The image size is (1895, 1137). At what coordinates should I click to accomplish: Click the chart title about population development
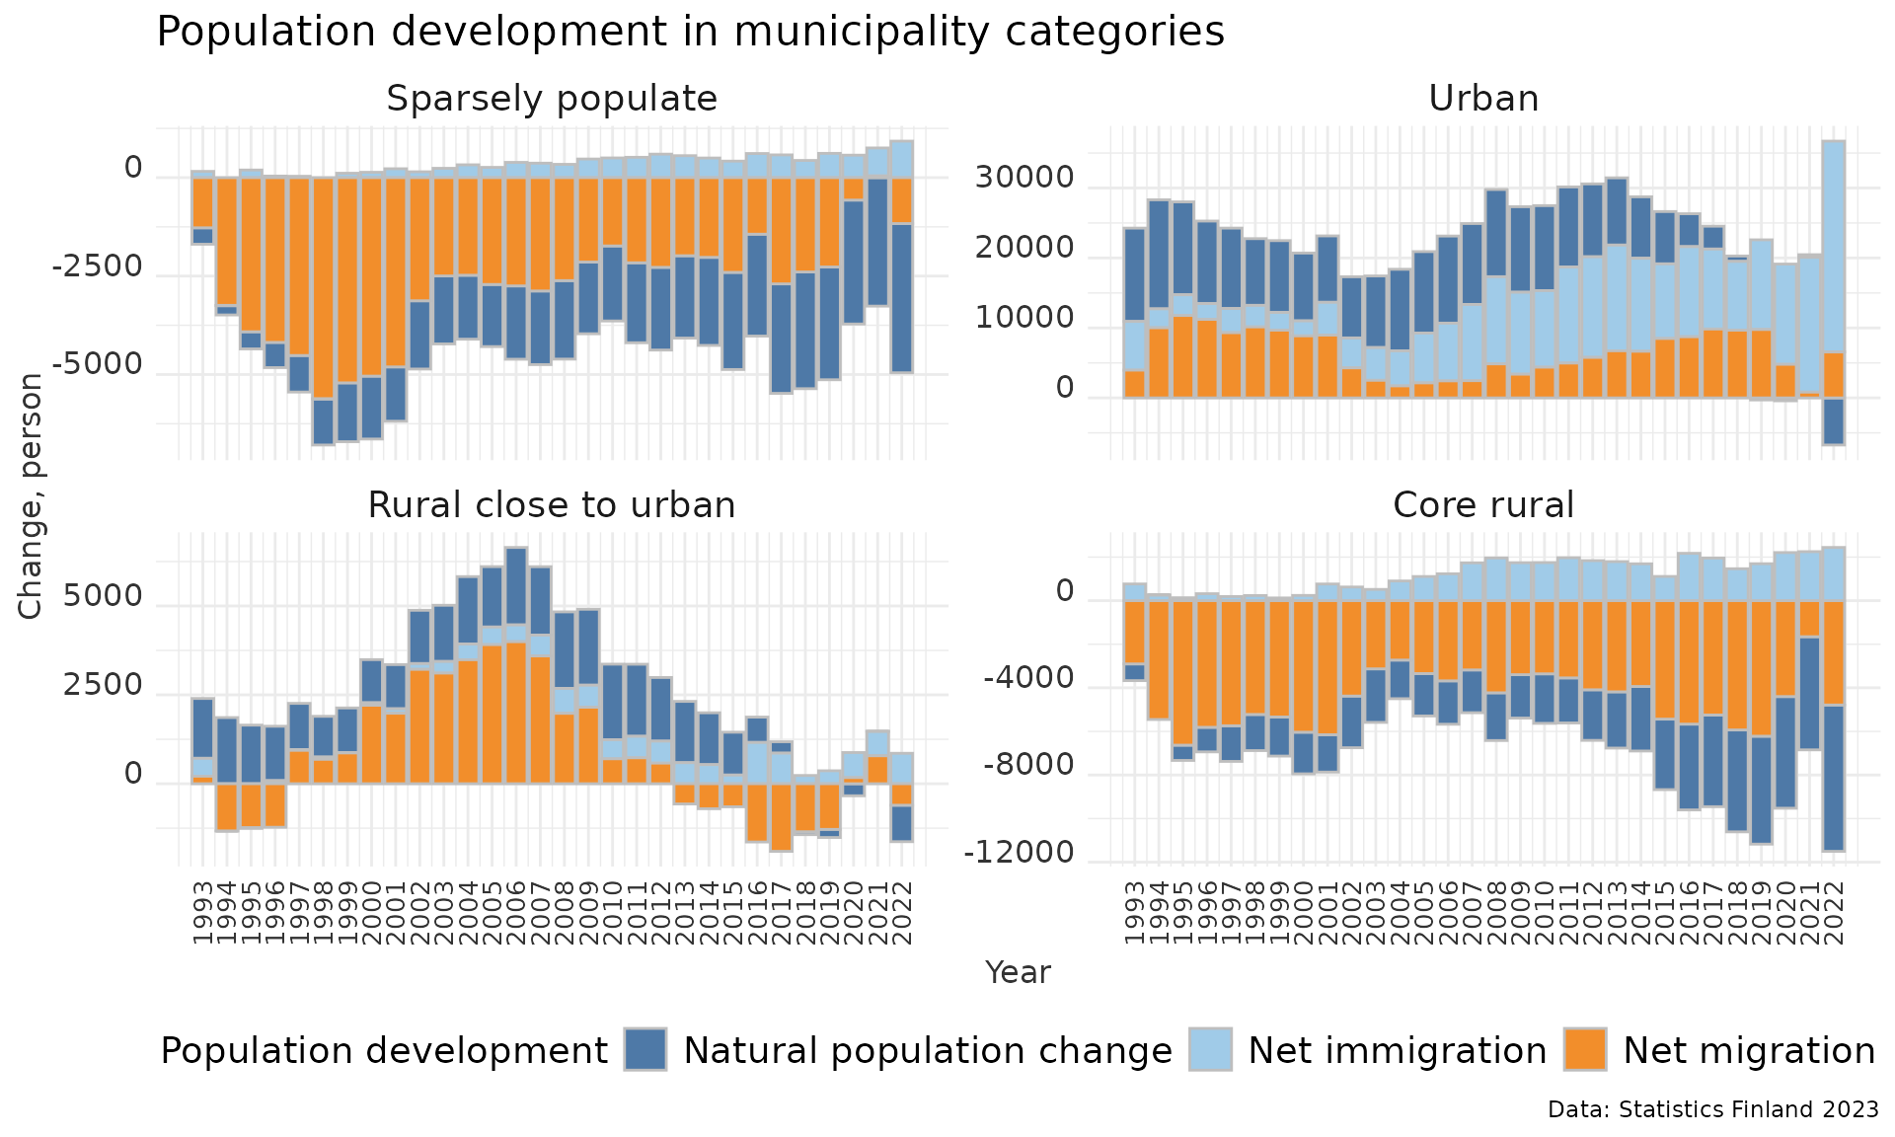click(x=690, y=32)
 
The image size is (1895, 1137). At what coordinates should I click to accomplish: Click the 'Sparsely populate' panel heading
click(x=551, y=99)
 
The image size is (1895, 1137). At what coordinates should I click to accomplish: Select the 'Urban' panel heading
click(x=1482, y=99)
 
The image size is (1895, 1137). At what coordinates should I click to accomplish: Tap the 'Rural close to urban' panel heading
click(x=551, y=505)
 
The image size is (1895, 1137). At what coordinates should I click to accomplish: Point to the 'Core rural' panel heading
click(x=1482, y=505)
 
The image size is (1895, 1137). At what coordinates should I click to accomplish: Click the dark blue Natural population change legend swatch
click(x=645, y=1049)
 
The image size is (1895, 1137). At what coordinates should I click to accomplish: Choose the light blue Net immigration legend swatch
click(x=1210, y=1049)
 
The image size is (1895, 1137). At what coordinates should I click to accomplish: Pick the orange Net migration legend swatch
click(x=1585, y=1049)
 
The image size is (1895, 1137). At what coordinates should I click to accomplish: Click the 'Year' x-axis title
click(x=1018, y=972)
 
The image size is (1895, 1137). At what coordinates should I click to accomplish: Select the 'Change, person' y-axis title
click(x=31, y=495)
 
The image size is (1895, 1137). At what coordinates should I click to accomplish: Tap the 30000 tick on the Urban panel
click(x=1023, y=179)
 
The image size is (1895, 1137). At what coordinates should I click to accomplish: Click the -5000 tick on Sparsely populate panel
click(x=97, y=365)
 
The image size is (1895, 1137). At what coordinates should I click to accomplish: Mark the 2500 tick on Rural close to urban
click(x=103, y=686)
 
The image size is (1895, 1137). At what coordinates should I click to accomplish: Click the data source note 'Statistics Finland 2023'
click(x=1712, y=1109)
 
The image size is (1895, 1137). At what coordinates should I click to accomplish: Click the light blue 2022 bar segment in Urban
click(x=1833, y=247)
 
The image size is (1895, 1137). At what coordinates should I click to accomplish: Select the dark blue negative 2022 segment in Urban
click(x=1833, y=421)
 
